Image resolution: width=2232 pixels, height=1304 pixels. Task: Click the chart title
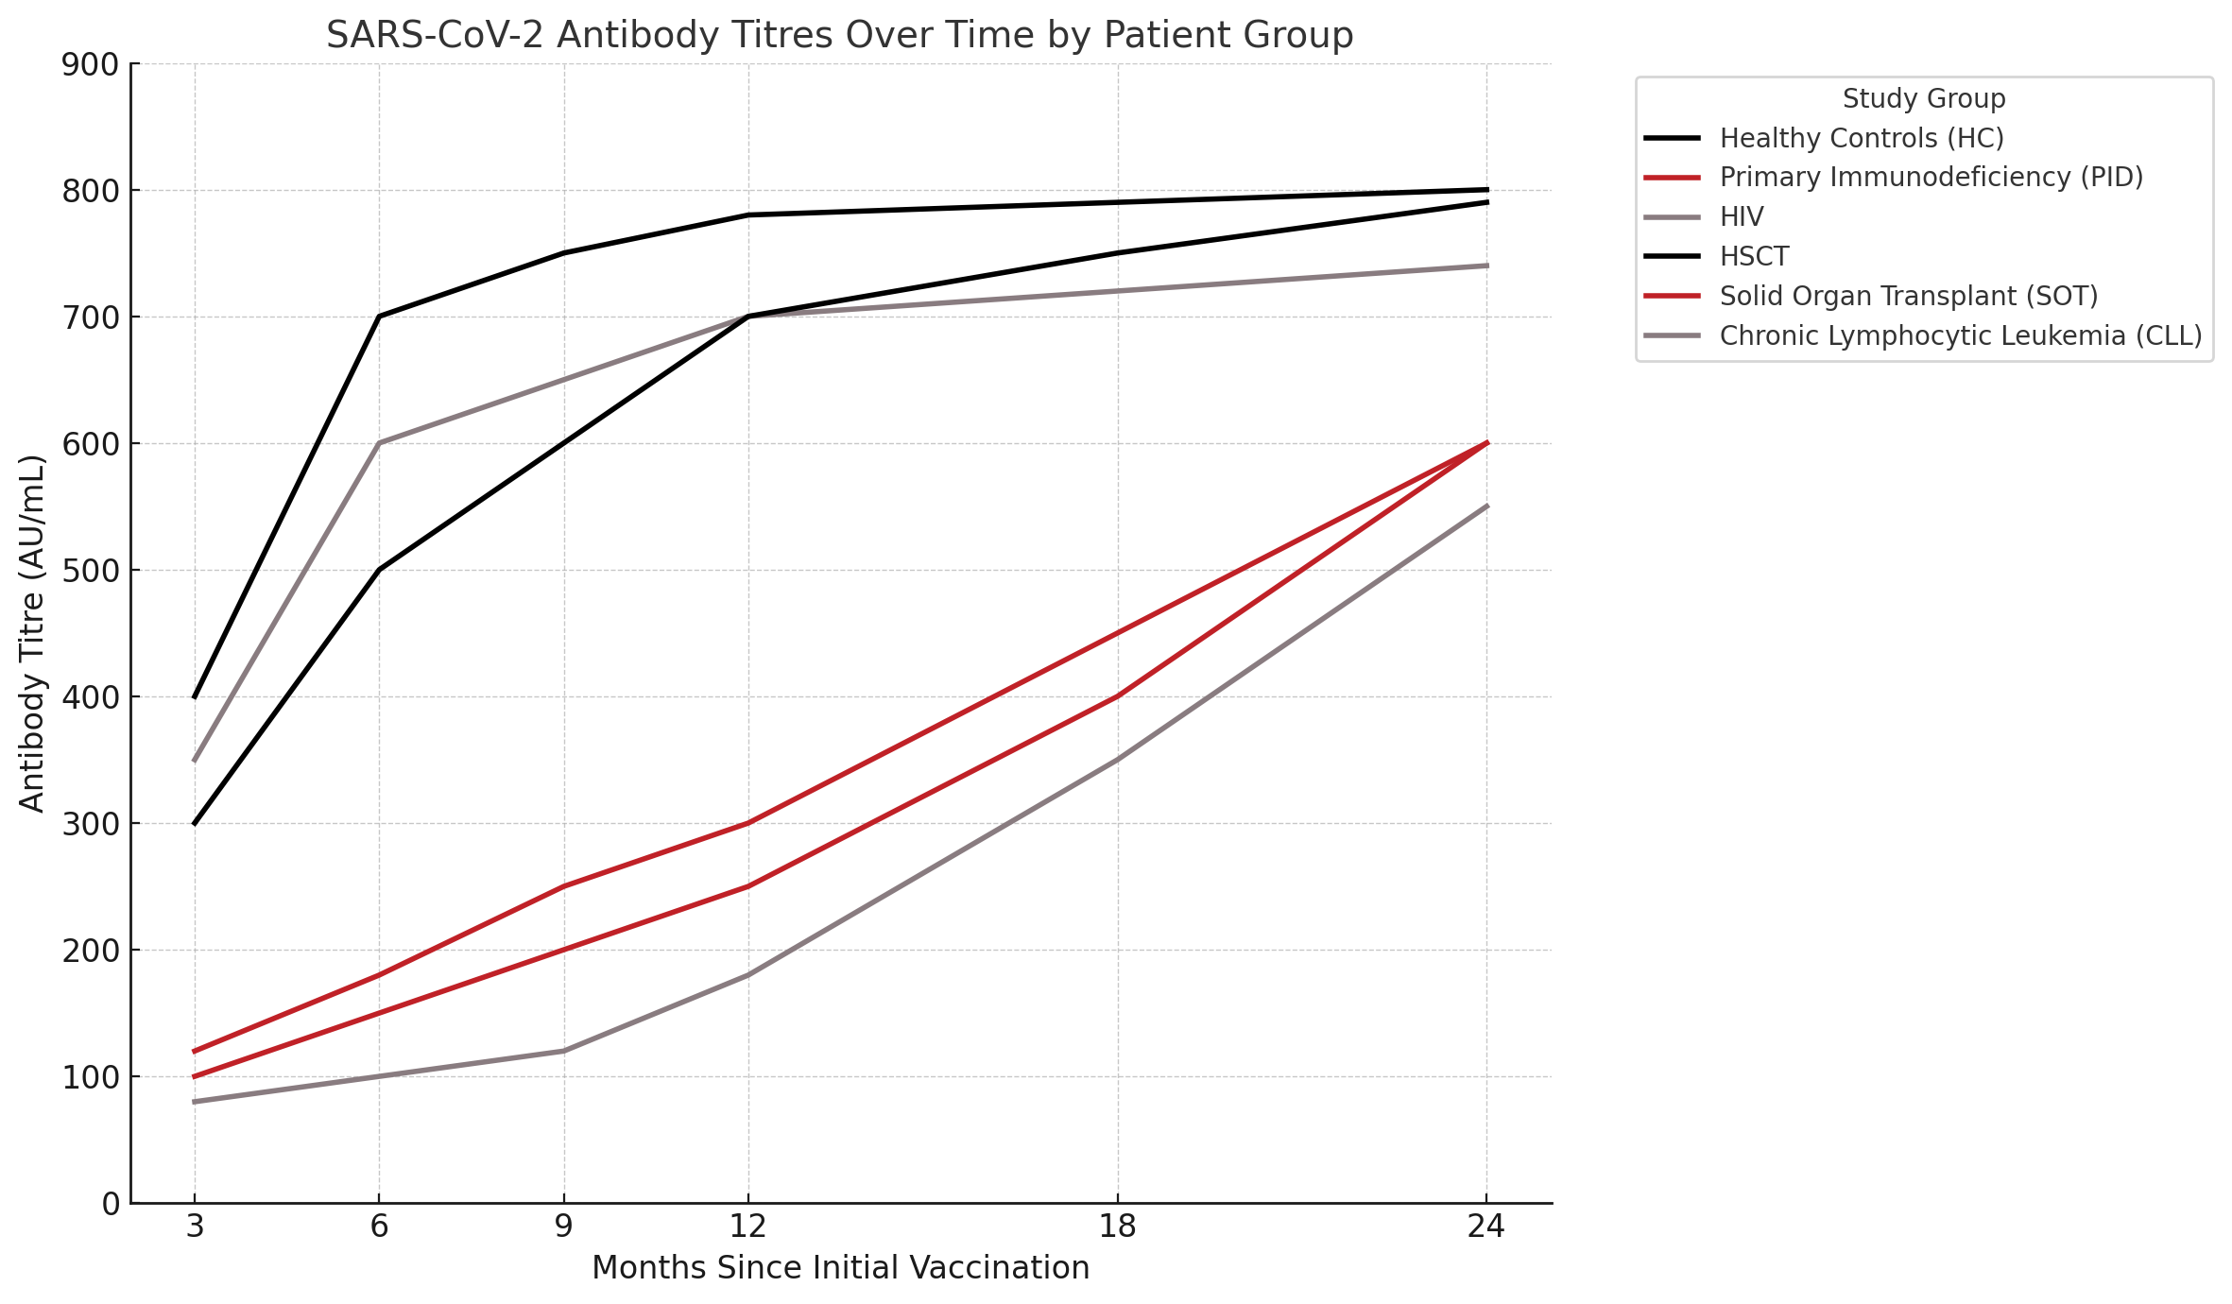[839, 35]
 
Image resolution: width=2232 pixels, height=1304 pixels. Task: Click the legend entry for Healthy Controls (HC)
[1861, 138]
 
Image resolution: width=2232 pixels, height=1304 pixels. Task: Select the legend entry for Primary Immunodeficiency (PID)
[1931, 178]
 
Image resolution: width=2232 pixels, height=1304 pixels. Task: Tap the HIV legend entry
[1741, 217]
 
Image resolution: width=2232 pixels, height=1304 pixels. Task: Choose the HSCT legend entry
[1754, 257]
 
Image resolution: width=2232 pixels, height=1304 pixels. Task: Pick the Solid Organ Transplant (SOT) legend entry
[1908, 297]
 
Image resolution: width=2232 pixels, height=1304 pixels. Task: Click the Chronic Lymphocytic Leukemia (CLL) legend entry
[1960, 336]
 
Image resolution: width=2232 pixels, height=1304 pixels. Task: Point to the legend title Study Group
[1923, 98]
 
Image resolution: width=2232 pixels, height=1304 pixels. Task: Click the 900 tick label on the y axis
[91, 64]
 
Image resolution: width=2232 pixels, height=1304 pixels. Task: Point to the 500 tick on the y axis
[91, 571]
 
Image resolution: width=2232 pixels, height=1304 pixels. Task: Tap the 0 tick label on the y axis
[112, 1204]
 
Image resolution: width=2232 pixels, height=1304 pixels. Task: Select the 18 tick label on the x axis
[1118, 1227]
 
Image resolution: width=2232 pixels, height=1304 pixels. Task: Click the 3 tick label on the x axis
[195, 1227]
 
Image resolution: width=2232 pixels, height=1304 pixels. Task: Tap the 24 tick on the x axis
[1486, 1227]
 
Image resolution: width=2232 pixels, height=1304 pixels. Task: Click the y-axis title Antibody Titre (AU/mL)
[33, 633]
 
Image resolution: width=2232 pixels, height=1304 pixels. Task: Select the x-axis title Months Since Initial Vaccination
[840, 1268]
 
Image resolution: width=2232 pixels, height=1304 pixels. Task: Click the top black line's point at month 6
[379, 317]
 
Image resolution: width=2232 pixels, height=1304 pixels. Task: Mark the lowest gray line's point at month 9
[564, 1051]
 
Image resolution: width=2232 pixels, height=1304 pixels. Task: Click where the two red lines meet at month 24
[1487, 443]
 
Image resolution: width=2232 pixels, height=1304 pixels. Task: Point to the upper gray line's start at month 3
[195, 760]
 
